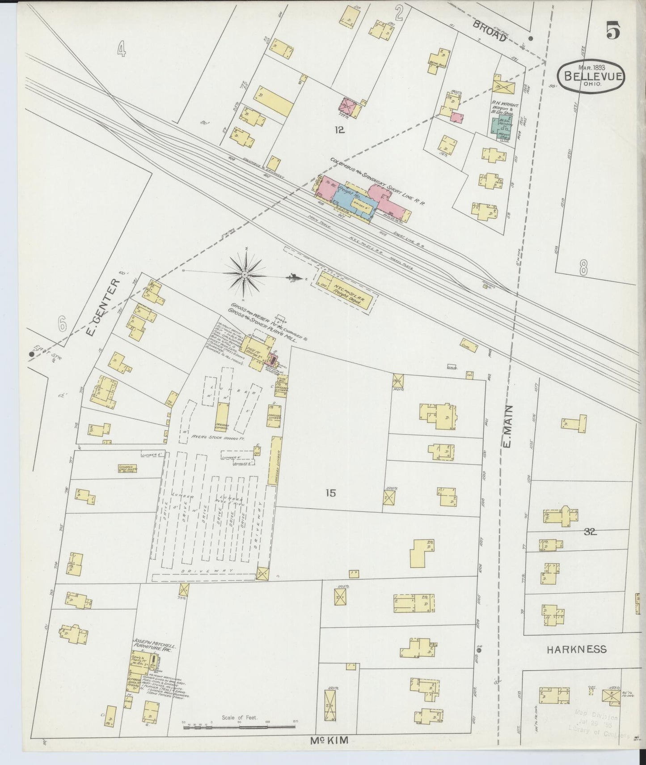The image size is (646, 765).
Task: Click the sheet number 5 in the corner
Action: [x=613, y=31]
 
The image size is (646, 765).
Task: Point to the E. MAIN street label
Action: [x=509, y=428]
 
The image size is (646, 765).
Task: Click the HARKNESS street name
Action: [x=577, y=650]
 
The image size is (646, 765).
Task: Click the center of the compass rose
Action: [x=245, y=273]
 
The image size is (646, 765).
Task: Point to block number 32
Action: [x=590, y=532]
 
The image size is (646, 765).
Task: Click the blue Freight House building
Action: [x=353, y=200]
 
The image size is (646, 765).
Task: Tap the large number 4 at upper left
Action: [x=121, y=49]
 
